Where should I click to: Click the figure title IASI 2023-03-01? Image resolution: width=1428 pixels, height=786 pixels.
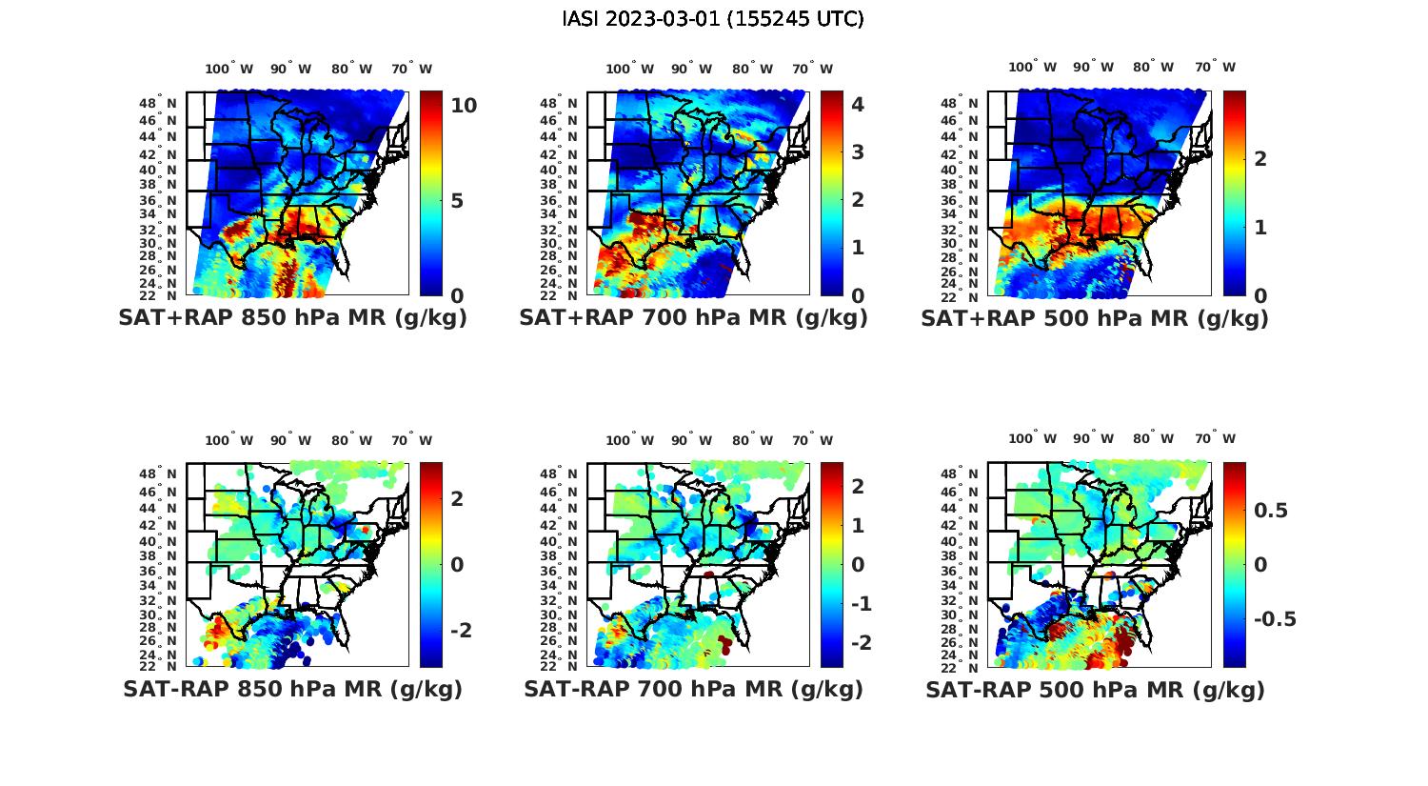pyautogui.click(x=713, y=19)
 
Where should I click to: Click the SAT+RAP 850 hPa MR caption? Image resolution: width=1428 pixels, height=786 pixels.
pyautogui.click(x=292, y=318)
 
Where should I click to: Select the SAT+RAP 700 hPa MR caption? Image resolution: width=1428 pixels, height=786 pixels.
pyautogui.click(x=693, y=318)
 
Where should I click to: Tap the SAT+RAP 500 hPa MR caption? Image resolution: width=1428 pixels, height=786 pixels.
pyautogui.click(x=1095, y=318)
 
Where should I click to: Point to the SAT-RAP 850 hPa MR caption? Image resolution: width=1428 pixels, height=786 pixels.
pyautogui.click(x=292, y=689)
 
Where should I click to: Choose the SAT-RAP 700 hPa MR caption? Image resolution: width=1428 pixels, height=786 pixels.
pyautogui.click(x=693, y=689)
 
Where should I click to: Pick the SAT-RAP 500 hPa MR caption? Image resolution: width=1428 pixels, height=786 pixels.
pyautogui.click(x=1095, y=690)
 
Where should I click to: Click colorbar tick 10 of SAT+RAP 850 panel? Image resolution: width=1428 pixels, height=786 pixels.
pyautogui.click(x=464, y=106)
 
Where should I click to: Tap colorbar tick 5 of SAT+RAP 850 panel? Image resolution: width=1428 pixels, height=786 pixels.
pyautogui.click(x=458, y=201)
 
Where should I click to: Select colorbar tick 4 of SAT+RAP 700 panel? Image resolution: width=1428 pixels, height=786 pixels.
pyautogui.click(x=858, y=104)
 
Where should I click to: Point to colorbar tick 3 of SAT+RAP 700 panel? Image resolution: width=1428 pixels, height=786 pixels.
pyautogui.click(x=858, y=151)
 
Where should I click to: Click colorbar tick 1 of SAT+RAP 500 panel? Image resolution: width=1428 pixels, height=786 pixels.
pyautogui.click(x=1260, y=227)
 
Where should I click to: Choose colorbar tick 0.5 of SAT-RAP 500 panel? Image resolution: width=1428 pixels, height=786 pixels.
pyautogui.click(x=1271, y=511)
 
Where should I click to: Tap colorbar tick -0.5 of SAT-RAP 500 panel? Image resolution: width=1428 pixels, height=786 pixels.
pyautogui.click(x=1275, y=619)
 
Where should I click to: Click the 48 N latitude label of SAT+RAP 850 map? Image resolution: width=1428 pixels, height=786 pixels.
pyautogui.click(x=158, y=103)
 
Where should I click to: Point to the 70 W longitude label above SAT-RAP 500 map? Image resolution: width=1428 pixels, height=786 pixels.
pyautogui.click(x=1216, y=439)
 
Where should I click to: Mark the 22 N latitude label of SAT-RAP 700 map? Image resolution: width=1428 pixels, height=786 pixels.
pyautogui.click(x=559, y=666)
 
